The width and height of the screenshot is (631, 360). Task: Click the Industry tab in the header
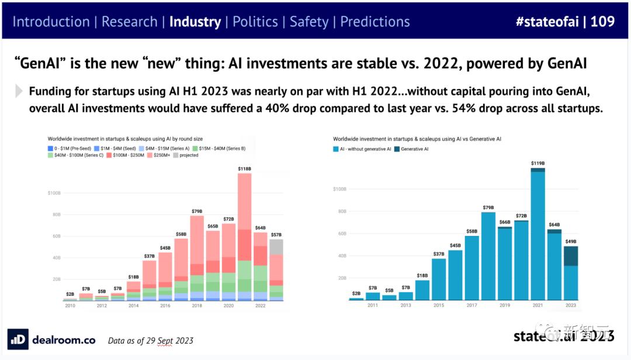195,22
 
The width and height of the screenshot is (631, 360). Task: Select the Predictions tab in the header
375,22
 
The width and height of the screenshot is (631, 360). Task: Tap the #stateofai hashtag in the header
547,22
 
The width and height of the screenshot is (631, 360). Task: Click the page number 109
602,22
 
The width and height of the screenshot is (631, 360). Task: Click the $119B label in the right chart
538,164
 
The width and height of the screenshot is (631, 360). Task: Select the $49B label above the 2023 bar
570,241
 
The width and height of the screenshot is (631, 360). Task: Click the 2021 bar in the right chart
538,234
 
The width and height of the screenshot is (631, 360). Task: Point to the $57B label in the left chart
275,234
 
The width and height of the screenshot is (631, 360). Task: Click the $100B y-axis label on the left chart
54,192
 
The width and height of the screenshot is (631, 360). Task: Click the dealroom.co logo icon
18,340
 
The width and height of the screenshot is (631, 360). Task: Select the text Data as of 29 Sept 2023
151,341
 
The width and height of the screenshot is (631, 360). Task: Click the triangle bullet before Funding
19,91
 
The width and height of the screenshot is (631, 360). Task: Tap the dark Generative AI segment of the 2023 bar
570,256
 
